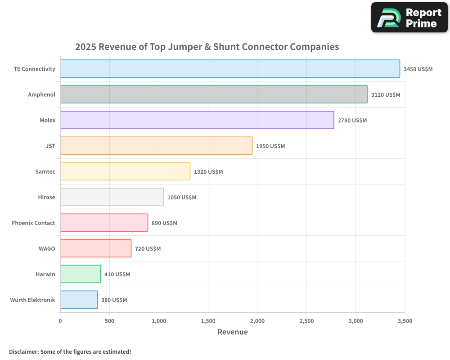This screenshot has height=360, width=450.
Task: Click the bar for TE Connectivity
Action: point(230,69)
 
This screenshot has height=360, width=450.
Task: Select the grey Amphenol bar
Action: point(214,94)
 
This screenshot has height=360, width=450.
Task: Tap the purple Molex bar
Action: point(197,120)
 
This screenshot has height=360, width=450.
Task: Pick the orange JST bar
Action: point(156,146)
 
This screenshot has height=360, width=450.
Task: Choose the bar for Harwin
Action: point(81,274)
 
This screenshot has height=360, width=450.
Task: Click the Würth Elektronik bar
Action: point(79,300)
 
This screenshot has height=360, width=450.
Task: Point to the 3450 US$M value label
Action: point(418,69)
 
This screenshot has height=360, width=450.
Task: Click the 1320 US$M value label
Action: point(208,172)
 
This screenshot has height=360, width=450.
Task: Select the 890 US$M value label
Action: point(165,223)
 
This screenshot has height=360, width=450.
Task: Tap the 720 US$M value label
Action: point(148,249)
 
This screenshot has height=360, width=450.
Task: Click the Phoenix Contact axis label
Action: point(33,223)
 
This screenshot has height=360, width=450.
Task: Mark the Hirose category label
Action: point(47,197)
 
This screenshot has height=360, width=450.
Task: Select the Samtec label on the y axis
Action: point(45,171)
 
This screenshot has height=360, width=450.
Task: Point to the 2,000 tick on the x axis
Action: point(257,321)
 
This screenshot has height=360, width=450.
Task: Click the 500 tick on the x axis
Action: point(109,321)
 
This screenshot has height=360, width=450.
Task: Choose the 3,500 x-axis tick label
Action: point(405,321)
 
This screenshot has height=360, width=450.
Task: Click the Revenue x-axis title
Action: point(233,332)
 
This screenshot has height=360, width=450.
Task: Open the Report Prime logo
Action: point(409,18)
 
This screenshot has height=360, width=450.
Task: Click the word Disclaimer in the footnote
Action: point(23,351)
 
